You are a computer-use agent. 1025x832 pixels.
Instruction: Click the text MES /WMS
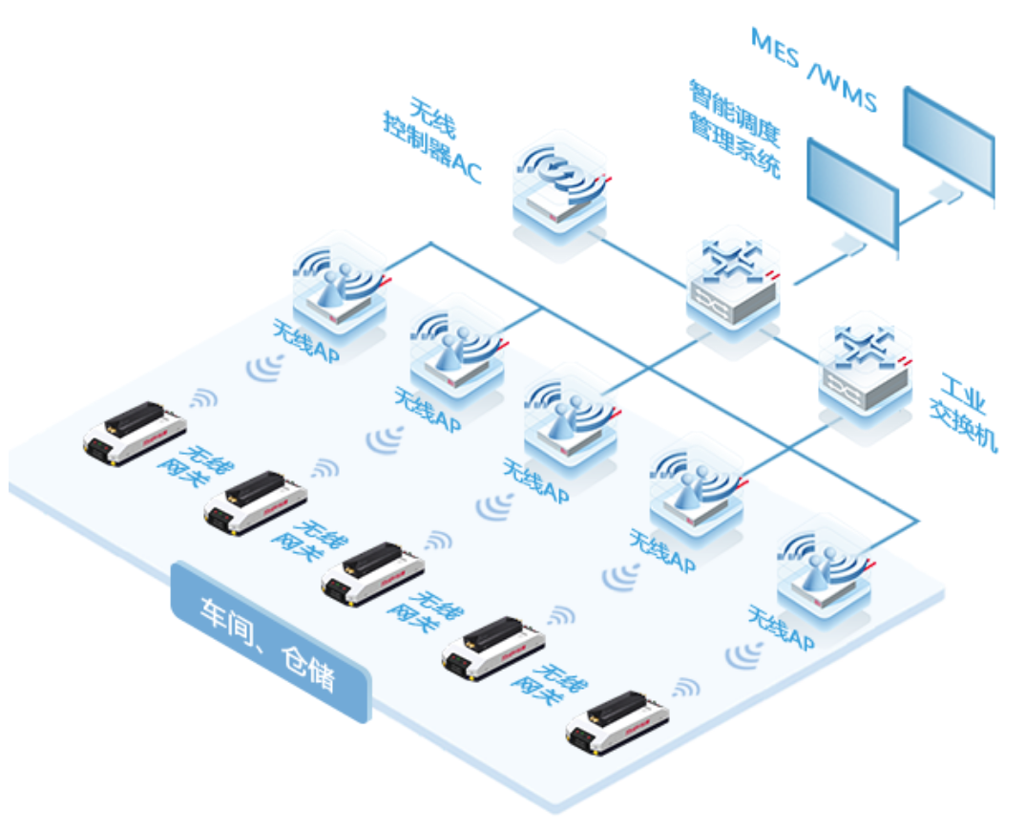tap(811, 69)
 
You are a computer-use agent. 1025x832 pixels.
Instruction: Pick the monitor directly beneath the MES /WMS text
tap(949, 143)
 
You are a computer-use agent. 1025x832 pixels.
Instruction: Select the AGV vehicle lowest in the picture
tap(616, 723)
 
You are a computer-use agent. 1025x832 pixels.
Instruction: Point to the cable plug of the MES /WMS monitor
tap(946, 192)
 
